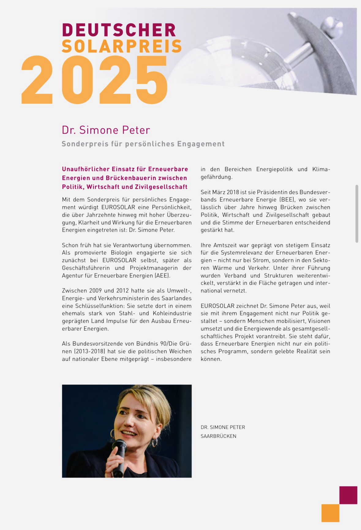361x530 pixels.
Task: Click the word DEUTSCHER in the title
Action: coord(119,30)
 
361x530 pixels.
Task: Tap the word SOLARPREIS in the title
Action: coord(122,46)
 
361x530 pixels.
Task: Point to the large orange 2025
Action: coord(94,80)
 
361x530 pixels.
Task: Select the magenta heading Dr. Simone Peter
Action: coord(106,130)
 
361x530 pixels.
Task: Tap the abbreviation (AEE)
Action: coord(162,276)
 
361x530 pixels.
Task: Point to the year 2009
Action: coord(96,291)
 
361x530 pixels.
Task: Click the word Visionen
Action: coord(319,321)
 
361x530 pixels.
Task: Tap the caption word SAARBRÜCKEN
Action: coord(218,436)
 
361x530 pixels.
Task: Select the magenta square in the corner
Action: coord(348,495)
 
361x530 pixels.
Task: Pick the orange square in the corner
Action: coord(330,513)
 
